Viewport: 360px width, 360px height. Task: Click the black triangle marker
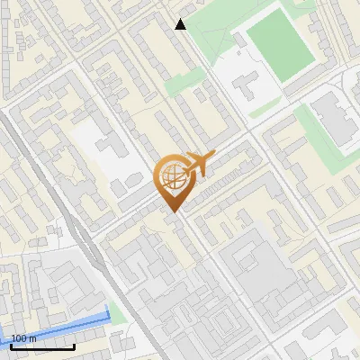(x=180, y=24)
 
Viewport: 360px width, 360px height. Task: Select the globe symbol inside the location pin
(x=171, y=178)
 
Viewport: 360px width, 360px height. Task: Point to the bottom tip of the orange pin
(x=172, y=212)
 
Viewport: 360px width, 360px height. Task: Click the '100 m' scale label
(x=24, y=338)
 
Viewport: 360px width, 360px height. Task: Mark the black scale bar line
(x=42, y=346)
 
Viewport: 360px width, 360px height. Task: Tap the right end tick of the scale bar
(x=74, y=345)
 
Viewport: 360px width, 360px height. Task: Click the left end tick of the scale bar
(x=11, y=345)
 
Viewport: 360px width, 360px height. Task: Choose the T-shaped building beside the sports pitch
(x=248, y=86)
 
